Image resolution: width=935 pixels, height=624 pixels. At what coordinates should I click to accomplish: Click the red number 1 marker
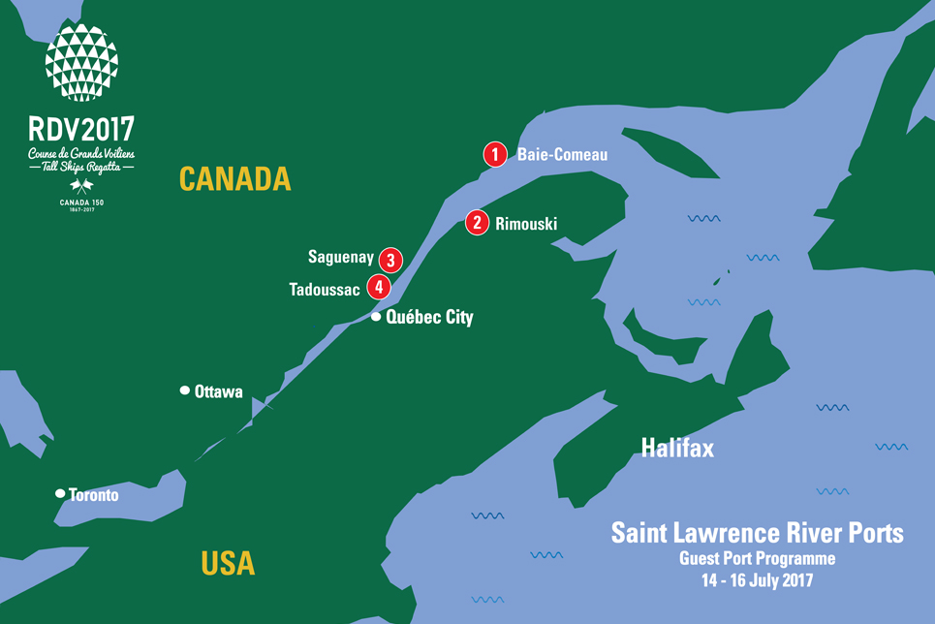pyautogui.click(x=495, y=154)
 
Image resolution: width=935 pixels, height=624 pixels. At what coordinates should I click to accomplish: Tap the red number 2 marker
pyautogui.click(x=477, y=223)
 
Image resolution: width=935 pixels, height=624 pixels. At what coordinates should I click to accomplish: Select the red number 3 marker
pyautogui.click(x=390, y=260)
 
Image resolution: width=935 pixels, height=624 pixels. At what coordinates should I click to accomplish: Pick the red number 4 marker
pyautogui.click(x=378, y=288)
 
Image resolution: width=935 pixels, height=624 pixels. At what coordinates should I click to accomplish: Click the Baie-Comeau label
pyautogui.click(x=563, y=154)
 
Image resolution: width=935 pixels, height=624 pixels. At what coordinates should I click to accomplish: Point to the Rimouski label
pyautogui.click(x=526, y=224)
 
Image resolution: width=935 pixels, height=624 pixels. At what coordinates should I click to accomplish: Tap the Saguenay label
pyautogui.click(x=341, y=258)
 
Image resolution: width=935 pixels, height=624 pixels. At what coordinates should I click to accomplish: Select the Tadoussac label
pyautogui.click(x=325, y=289)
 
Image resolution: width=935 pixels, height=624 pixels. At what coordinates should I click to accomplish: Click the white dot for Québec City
pyautogui.click(x=376, y=317)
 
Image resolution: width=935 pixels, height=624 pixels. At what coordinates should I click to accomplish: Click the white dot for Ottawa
pyautogui.click(x=184, y=390)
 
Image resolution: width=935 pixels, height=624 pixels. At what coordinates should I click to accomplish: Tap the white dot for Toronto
pyautogui.click(x=60, y=494)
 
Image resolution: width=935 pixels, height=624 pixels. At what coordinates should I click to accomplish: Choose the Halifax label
pyautogui.click(x=677, y=448)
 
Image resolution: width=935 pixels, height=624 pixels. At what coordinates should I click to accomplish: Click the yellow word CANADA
pyautogui.click(x=235, y=178)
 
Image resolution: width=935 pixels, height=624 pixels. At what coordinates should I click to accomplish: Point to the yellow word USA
pyautogui.click(x=228, y=562)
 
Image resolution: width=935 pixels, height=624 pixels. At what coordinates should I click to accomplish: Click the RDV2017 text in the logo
pyautogui.click(x=81, y=129)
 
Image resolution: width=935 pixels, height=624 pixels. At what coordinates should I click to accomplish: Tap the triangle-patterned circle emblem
pyautogui.click(x=81, y=63)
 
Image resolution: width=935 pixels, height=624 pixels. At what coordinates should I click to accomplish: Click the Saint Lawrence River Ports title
pyautogui.click(x=757, y=533)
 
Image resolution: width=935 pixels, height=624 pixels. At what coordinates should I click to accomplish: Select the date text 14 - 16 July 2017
pyautogui.click(x=757, y=581)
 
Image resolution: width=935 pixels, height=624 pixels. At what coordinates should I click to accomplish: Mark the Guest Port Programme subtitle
pyautogui.click(x=757, y=559)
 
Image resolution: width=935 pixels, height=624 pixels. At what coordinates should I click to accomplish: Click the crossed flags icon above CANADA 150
pyautogui.click(x=81, y=186)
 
